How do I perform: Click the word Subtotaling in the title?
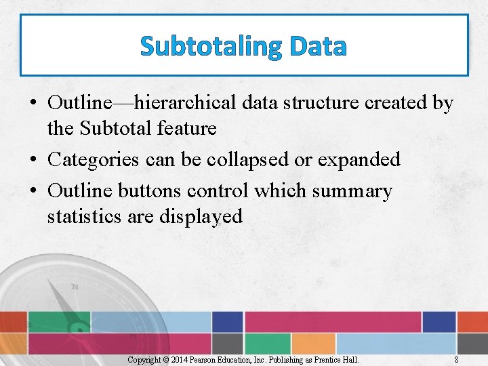tap(211, 46)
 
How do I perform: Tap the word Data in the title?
tap(317, 46)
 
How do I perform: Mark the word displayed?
tap(201, 216)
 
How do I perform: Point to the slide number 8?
tap(456, 360)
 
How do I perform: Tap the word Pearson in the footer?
tap(204, 360)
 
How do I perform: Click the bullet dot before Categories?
tap(33, 161)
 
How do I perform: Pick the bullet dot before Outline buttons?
tap(33, 192)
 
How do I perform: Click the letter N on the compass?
tap(75, 287)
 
